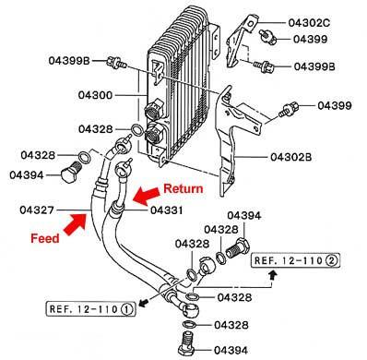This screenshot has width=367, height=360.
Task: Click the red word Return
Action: tap(183, 188)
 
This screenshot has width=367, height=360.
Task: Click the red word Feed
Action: tap(45, 238)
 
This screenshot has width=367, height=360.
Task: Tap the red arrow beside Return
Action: tap(147, 195)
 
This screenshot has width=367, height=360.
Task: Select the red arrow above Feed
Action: tap(75, 224)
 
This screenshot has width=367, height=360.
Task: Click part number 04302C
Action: tap(309, 23)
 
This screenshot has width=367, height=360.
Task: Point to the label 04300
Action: tap(95, 95)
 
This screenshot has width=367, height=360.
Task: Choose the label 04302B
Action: tap(291, 157)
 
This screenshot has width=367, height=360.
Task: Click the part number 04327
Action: tap(37, 210)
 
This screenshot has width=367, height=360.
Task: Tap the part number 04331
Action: tap(166, 210)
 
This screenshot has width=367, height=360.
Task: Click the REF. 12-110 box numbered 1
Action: tap(90, 309)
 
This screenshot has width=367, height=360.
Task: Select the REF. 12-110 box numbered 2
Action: tap(296, 261)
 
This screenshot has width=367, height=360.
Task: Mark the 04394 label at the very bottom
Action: tap(231, 350)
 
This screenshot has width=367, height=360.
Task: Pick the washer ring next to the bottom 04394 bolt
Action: tap(189, 324)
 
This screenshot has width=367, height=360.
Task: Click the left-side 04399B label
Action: tap(69, 61)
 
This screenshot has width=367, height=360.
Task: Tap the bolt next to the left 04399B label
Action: tap(116, 63)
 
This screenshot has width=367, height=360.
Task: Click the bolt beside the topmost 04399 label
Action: tap(267, 36)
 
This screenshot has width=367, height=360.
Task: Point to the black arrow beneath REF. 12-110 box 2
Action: tap(272, 275)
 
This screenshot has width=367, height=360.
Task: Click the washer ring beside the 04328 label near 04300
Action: tap(136, 130)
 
